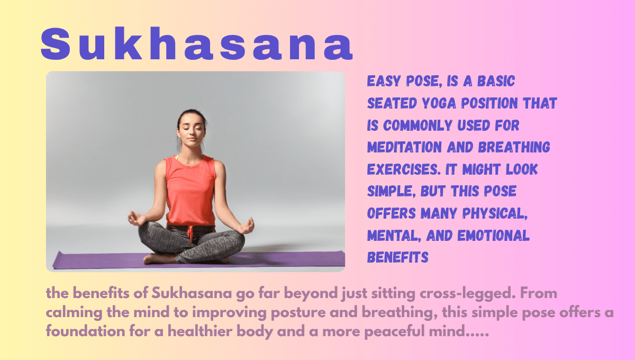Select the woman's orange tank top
point(190,191)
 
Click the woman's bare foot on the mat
point(153,259)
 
